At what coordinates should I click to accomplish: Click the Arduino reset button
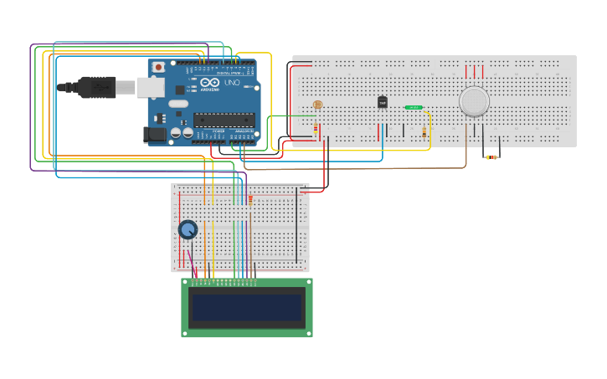pos(158,67)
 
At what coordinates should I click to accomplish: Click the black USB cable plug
pos(97,86)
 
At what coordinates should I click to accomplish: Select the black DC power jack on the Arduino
pos(154,134)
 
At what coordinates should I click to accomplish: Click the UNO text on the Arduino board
pos(232,83)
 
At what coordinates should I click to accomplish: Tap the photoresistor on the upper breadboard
pos(317,105)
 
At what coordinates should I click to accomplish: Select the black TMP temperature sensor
pos(383,102)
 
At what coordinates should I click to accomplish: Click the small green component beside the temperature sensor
pos(413,107)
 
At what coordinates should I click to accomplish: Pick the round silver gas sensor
pos(474,101)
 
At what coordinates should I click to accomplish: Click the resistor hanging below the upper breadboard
pos(491,156)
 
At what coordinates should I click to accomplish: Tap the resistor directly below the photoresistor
pos(316,129)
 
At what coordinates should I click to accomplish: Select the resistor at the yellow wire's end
pos(424,132)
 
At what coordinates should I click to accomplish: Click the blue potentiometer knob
pos(188,228)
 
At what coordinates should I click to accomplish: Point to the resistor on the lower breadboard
pos(250,199)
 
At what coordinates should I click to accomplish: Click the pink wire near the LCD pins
pos(192,262)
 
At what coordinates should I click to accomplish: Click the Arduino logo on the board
pos(206,84)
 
